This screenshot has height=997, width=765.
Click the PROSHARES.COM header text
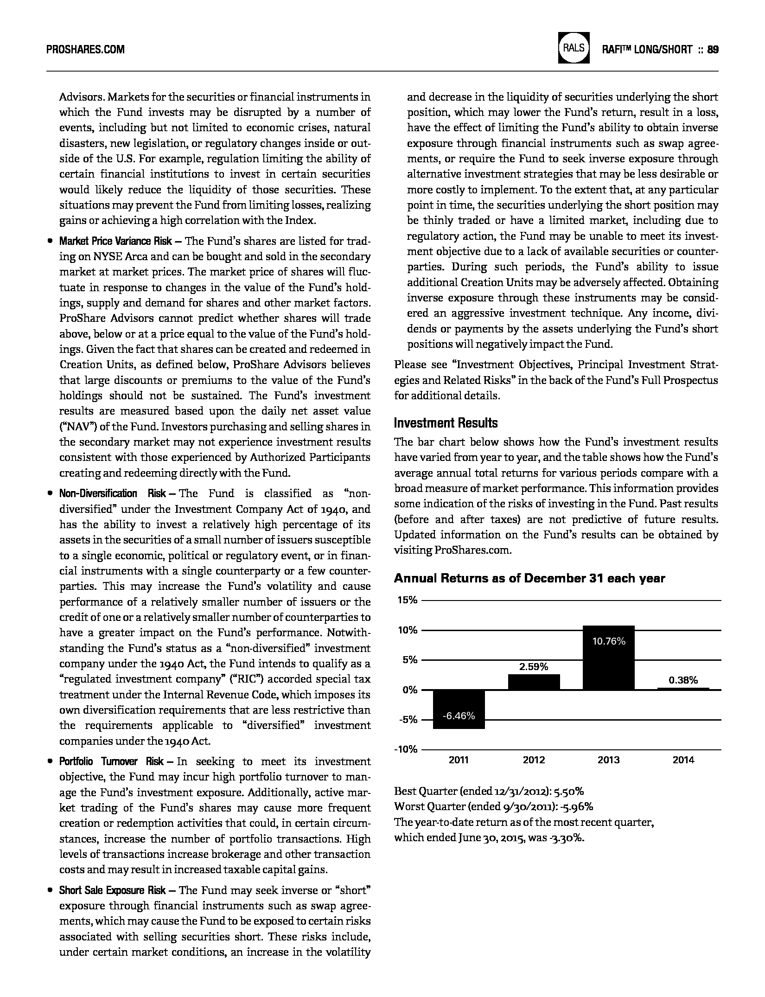pos(85,50)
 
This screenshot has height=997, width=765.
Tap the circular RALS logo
pos(574,48)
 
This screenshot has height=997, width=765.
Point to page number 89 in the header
pos(713,50)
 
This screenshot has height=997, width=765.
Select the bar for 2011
pos(459,709)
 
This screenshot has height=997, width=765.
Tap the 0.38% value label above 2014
pos(683,680)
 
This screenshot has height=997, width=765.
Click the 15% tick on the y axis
pos(408,601)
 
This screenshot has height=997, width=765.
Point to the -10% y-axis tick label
pos(406,749)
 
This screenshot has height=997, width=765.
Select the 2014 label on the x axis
pos(683,760)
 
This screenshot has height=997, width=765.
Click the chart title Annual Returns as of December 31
pos(529,578)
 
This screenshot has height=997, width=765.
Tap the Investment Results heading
pos(446,423)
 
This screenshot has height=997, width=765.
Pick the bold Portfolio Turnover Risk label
pos(111,761)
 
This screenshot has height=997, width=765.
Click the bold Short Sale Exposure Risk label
pos(112,890)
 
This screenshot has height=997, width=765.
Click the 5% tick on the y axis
pos(409,660)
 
